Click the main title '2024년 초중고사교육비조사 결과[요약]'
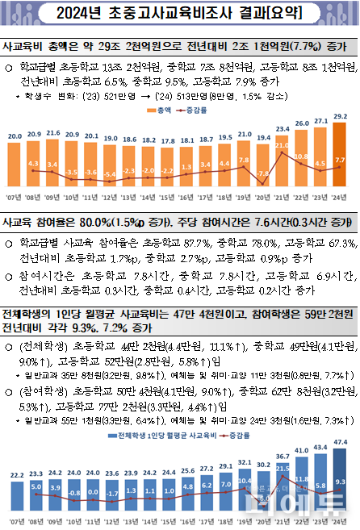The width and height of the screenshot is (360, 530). point(179,14)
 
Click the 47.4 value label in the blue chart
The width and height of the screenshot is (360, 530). point(340,443)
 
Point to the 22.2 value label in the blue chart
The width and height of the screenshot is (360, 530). point(16,476)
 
